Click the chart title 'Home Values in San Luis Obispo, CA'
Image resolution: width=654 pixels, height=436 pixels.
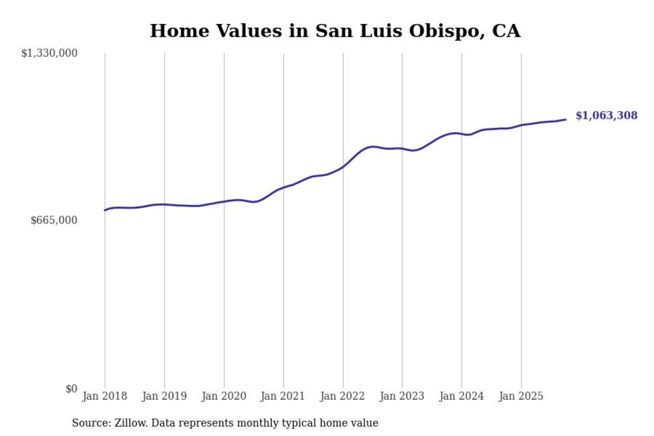(x=335, y=31)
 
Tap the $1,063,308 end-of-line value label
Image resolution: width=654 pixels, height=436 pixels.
(x=606, y=116)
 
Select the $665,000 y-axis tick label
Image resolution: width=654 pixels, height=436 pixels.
(x=54, y=220)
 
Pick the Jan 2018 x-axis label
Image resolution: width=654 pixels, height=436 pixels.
(x=105, y=396)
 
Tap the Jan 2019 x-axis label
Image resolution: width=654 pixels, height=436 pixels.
(x=165, y=396)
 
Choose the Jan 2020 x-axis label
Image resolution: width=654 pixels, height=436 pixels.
(x=224, y=396)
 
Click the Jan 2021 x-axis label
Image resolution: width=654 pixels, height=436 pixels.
(x=283, y=396)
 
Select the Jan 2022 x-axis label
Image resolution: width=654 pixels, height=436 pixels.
(x=343, y=396)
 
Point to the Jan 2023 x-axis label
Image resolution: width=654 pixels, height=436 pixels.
(x=402, y=396)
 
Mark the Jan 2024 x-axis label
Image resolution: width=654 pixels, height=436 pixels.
(x=461, y=396)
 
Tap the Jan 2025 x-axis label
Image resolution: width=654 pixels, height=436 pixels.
(x=521, y=396)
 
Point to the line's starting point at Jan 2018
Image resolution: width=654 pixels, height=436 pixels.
(x=105, y=210)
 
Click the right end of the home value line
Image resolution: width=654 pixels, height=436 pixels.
(x=566, y=120)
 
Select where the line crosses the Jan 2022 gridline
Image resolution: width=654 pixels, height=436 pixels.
(x=343, y=166)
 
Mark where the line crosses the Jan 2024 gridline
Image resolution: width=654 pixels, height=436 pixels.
(x=461, y=134)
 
